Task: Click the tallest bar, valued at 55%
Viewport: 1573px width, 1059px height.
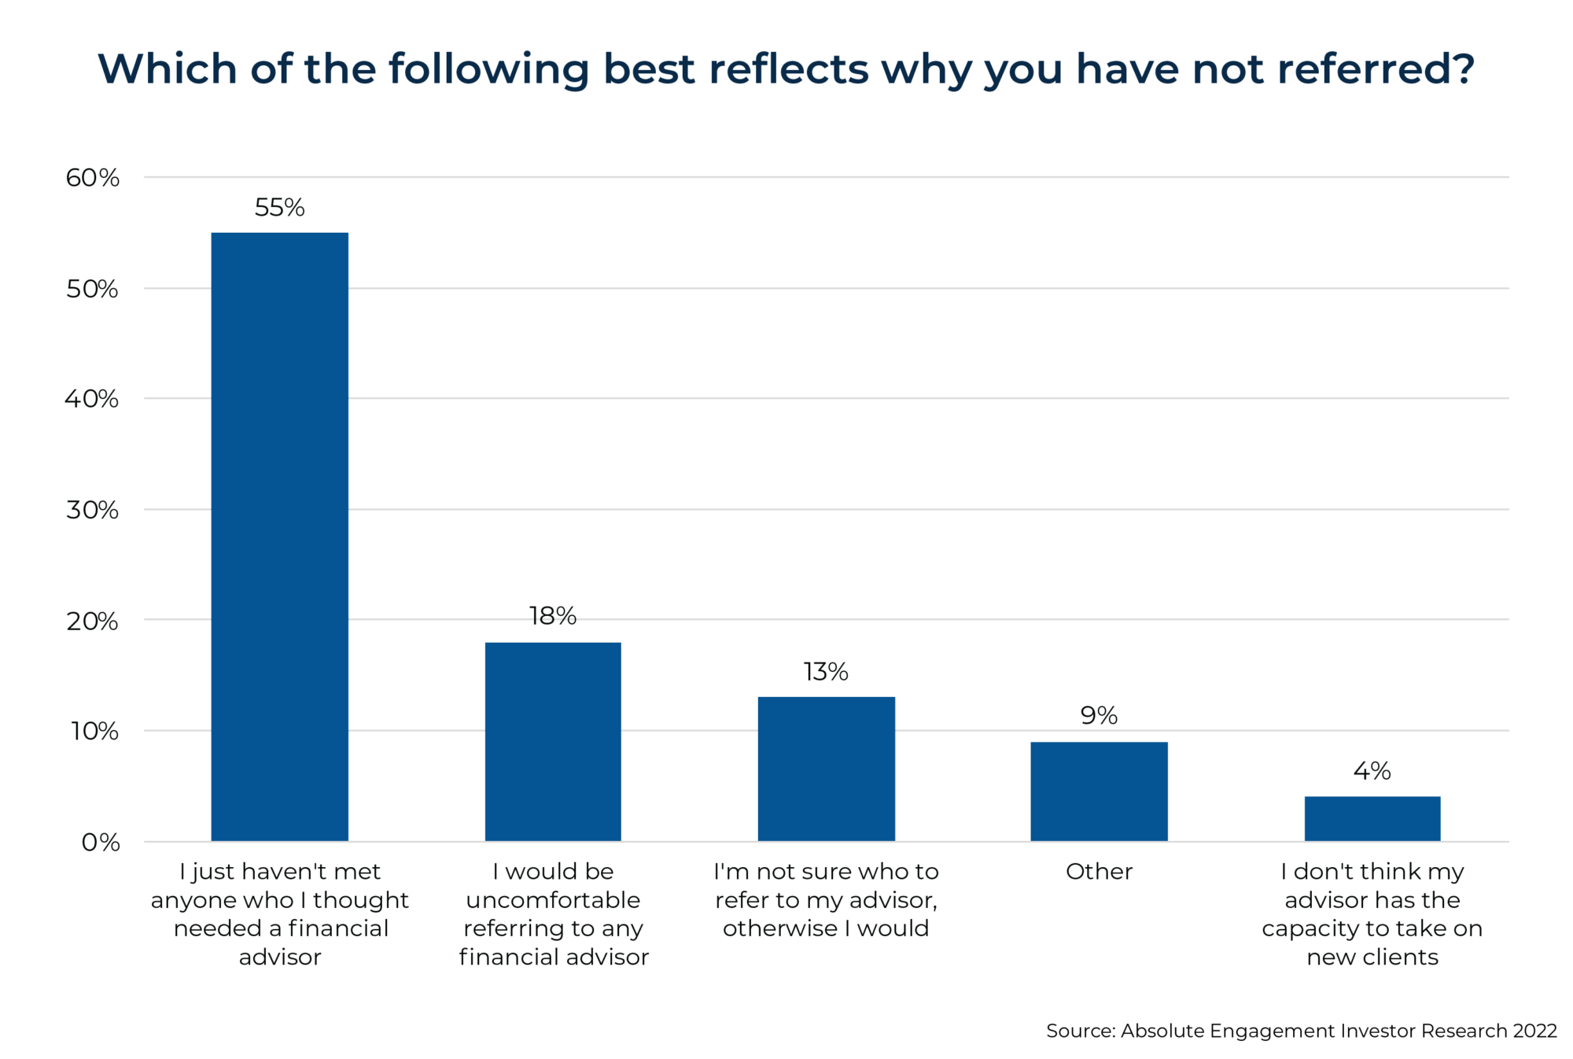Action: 279,537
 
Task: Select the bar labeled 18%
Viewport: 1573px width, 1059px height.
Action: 553,741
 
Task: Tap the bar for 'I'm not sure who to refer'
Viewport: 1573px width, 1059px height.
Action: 826,769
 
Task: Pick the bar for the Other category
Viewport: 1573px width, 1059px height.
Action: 1099,791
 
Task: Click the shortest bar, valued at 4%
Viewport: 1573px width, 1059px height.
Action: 1372,818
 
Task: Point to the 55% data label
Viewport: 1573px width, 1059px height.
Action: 279,208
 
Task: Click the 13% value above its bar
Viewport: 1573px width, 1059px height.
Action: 826,672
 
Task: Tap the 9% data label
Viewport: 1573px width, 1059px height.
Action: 1099,716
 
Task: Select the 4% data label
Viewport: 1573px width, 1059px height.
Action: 1372,771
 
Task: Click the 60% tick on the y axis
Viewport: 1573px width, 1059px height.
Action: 92,178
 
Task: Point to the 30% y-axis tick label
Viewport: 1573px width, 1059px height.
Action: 92,510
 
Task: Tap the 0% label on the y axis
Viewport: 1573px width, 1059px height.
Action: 100,843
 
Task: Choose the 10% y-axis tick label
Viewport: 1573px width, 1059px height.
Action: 94,731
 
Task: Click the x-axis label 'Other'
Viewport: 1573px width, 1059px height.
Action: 1099,872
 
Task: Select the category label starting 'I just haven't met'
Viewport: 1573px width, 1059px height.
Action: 279,913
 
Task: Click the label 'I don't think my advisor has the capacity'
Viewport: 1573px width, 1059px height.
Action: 1372,913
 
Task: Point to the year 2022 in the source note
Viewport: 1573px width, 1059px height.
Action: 1534,1031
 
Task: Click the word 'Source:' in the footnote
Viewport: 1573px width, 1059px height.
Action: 1080,1031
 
